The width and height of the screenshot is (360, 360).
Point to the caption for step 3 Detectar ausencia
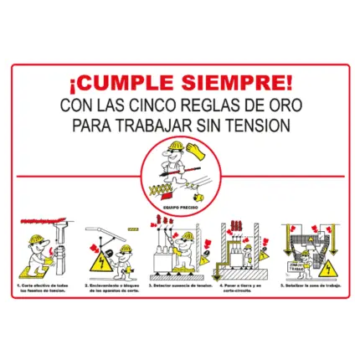coord(179,285)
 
